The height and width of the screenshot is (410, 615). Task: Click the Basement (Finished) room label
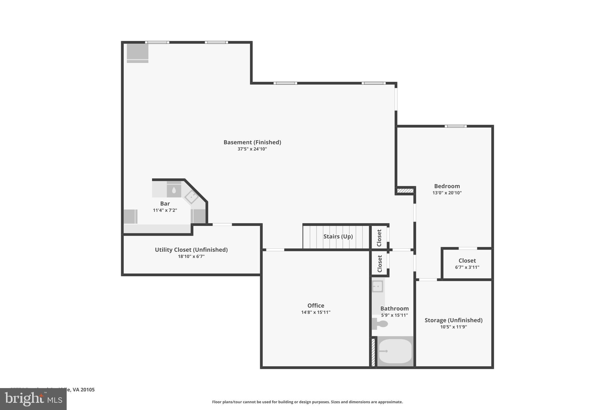tap(252, 142)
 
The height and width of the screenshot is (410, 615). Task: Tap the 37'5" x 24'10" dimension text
tap(252, 149)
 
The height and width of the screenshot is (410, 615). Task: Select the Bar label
tap(165, 203)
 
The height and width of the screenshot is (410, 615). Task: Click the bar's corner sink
tap(191, 197)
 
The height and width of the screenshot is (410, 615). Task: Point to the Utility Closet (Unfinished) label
tap(191, 250)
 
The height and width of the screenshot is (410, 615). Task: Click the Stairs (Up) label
tap(338, 236)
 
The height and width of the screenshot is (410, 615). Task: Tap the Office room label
tap(316, 305)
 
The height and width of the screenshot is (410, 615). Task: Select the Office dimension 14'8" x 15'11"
tap(316, 312)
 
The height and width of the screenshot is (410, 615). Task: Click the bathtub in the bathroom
tap(395, 351)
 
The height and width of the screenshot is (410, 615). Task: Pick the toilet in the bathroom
tap(380, 324)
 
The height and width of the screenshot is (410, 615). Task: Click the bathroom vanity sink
tap(377, 286)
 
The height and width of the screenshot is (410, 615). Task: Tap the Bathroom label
tap(394, 308)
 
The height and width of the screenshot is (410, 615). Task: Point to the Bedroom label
tap(447, 186)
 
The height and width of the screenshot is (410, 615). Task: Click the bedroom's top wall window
tap(456, 126)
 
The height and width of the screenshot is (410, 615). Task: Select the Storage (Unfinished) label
tap(453, 320)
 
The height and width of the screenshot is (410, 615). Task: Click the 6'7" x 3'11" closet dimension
tap(467, 267)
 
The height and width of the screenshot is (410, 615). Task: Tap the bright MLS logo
tap(33, 399)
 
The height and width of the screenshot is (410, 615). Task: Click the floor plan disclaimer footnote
tap(307, 402)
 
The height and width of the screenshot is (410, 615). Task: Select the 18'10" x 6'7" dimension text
tap(191, 257)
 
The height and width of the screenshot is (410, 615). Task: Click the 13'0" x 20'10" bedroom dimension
tap(447, 193)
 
